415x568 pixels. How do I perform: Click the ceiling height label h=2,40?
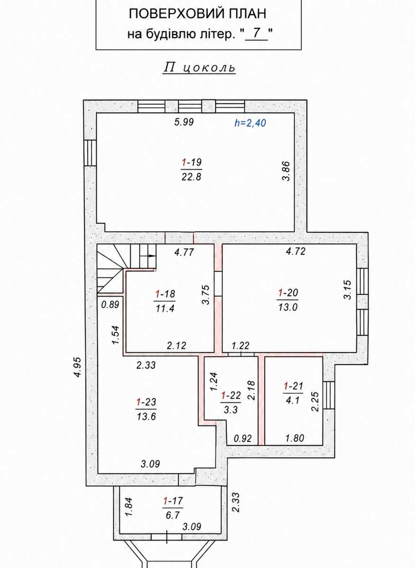250,123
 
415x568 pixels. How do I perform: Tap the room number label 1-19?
192,162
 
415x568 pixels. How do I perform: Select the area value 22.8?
191,177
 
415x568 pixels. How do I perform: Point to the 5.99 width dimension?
184,122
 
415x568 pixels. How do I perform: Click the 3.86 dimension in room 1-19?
286,171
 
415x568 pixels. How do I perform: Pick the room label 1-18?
165,294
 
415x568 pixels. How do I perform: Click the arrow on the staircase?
151,256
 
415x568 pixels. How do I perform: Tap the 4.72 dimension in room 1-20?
296,251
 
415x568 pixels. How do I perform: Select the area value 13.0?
288,307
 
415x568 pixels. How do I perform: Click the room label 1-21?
293,386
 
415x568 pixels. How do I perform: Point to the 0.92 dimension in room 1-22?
243,438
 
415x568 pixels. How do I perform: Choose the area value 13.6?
146,417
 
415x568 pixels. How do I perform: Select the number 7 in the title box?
257,34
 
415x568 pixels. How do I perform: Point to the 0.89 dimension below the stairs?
110,304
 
